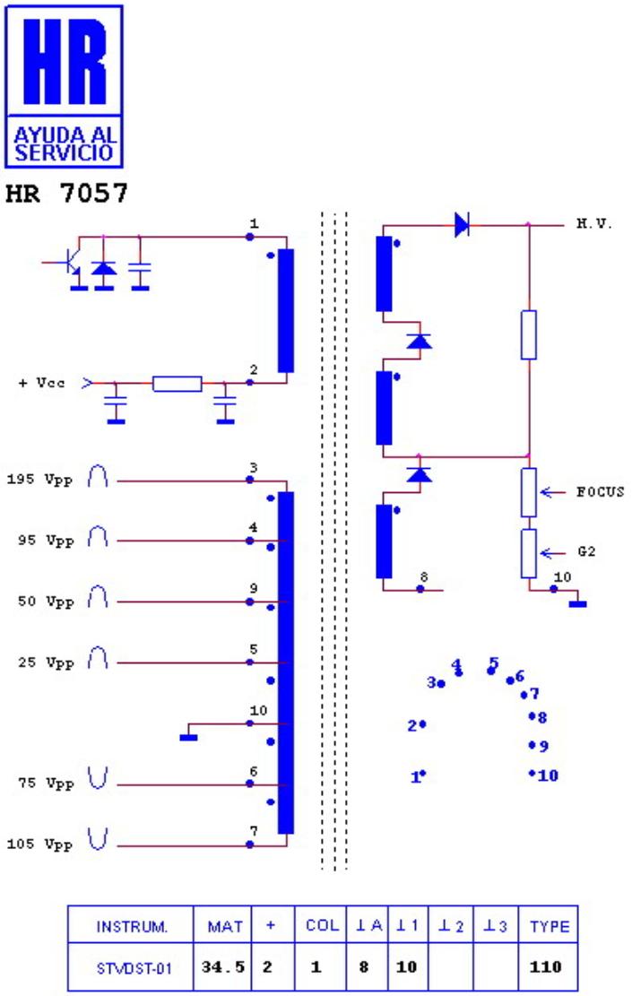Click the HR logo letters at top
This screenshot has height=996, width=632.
[x=65, y=61]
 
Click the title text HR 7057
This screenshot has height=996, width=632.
[x=66, y=193]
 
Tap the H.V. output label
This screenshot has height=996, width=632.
[x=593, y=223]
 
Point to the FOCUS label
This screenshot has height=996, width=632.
[x=600, y=491]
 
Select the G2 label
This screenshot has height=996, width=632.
[x=586, y=551]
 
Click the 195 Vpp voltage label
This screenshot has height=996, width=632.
[x=40, y=480]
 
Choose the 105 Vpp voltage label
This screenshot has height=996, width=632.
[x=40, y=844]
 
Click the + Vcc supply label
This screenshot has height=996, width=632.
[x=41, y=383]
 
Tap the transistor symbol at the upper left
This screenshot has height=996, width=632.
[x=71, y=264]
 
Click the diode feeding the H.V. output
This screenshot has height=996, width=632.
[x=462, y=225]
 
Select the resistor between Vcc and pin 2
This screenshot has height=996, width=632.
[x=177, y=384]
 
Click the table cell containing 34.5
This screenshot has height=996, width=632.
[x=223, y=966]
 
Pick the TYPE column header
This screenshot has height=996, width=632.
[x=550, y=926]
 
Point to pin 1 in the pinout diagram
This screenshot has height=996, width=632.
[x=418, y=775]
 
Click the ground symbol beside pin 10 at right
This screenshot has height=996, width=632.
[x=578, y=604]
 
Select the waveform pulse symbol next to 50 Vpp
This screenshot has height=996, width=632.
[x=97, y=597]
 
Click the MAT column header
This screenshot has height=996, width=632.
[x=225, y=926]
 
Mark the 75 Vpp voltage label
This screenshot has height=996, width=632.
[x=46, y=784]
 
